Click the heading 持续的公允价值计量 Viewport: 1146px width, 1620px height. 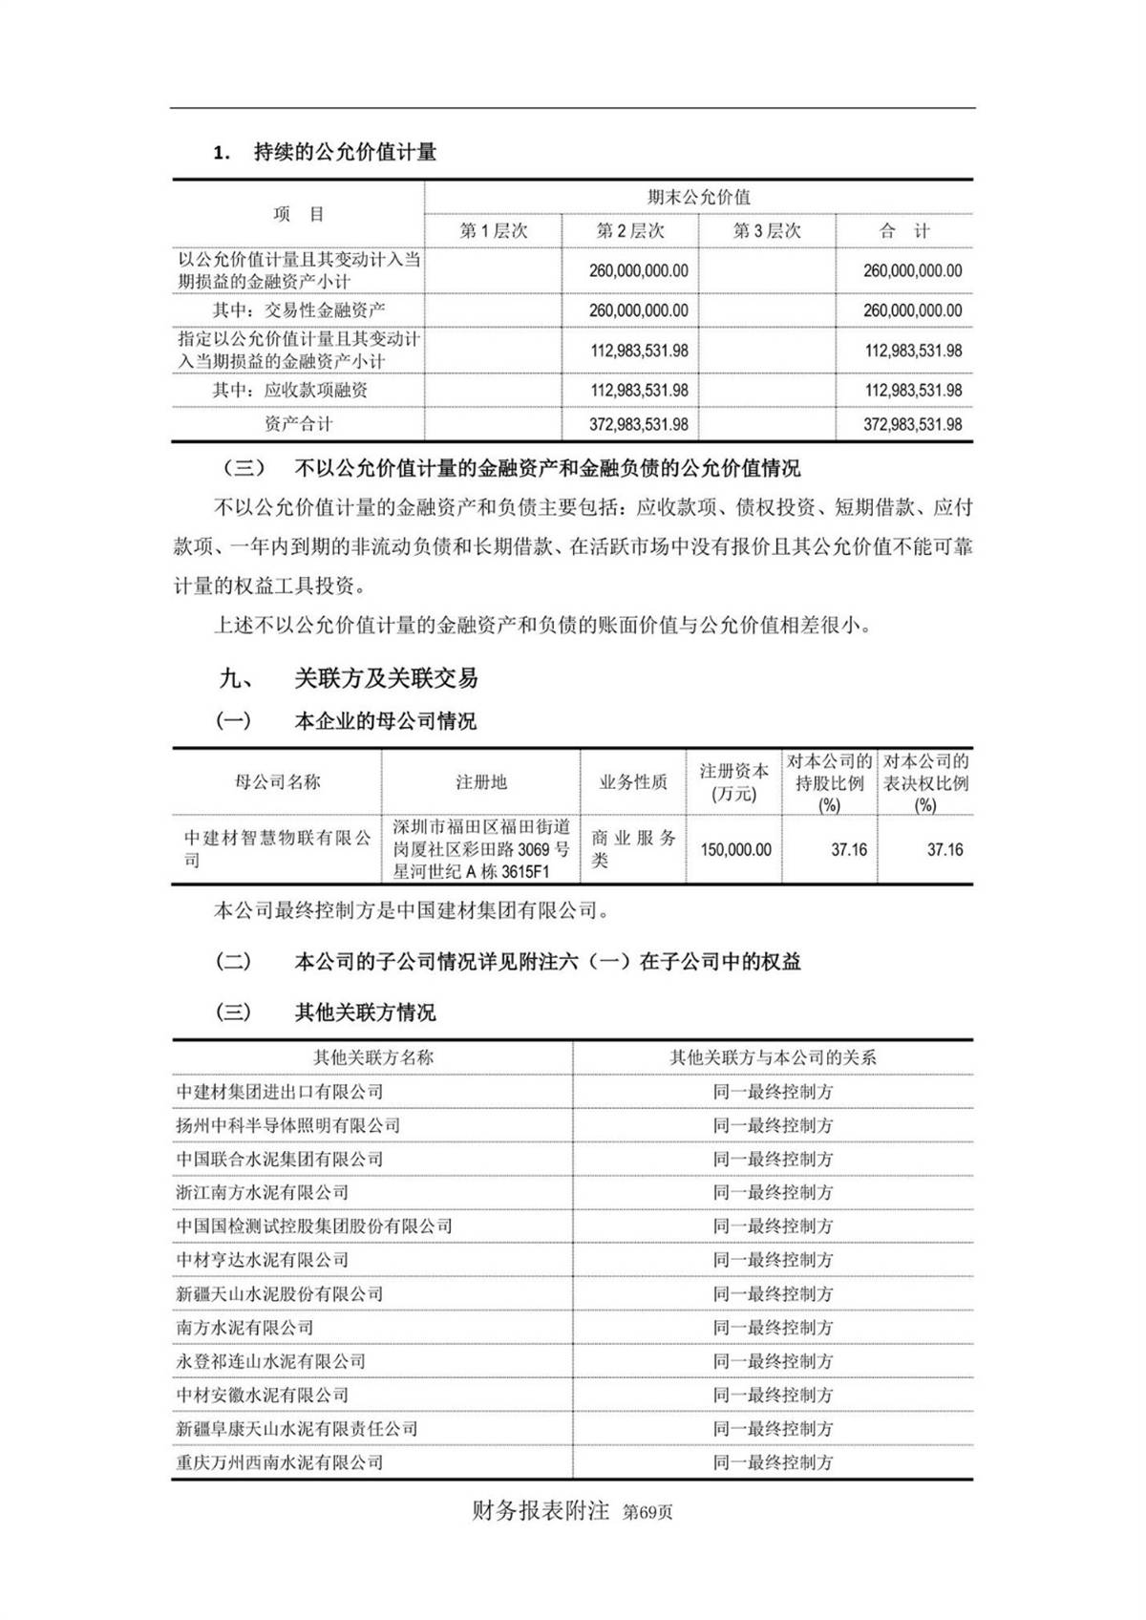coord(344,152)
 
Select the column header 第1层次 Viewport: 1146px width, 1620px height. coord(494,231)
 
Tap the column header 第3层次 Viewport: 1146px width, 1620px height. coord(767,231)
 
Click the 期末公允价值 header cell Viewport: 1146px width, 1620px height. coord(699,198)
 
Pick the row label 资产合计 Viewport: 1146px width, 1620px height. coord(298,424)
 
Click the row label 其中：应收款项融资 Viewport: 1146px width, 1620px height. coord(289,390)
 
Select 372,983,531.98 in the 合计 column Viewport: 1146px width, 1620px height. coord(912,424)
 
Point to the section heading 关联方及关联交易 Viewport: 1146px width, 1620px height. coord(386,679)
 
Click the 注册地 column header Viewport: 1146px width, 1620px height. coord(480,782)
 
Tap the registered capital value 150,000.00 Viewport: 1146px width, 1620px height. coord(735,849)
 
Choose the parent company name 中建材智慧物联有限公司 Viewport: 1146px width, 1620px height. coord(277,848)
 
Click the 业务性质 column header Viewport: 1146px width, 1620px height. coord(633,782)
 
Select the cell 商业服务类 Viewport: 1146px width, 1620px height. coord(633,848)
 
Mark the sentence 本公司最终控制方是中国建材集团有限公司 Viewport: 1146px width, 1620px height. coord(411,911)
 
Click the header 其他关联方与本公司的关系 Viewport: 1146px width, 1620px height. coord(773,1057)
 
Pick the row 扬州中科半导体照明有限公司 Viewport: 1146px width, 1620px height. coord(287,1125)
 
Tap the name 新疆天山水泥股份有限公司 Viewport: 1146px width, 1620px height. coord(279,1294)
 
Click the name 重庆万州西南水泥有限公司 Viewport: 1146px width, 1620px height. coord(279,1462)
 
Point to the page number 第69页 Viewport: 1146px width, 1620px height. coord(647,1513)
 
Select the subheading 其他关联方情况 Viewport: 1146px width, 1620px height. coord(365,1012)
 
